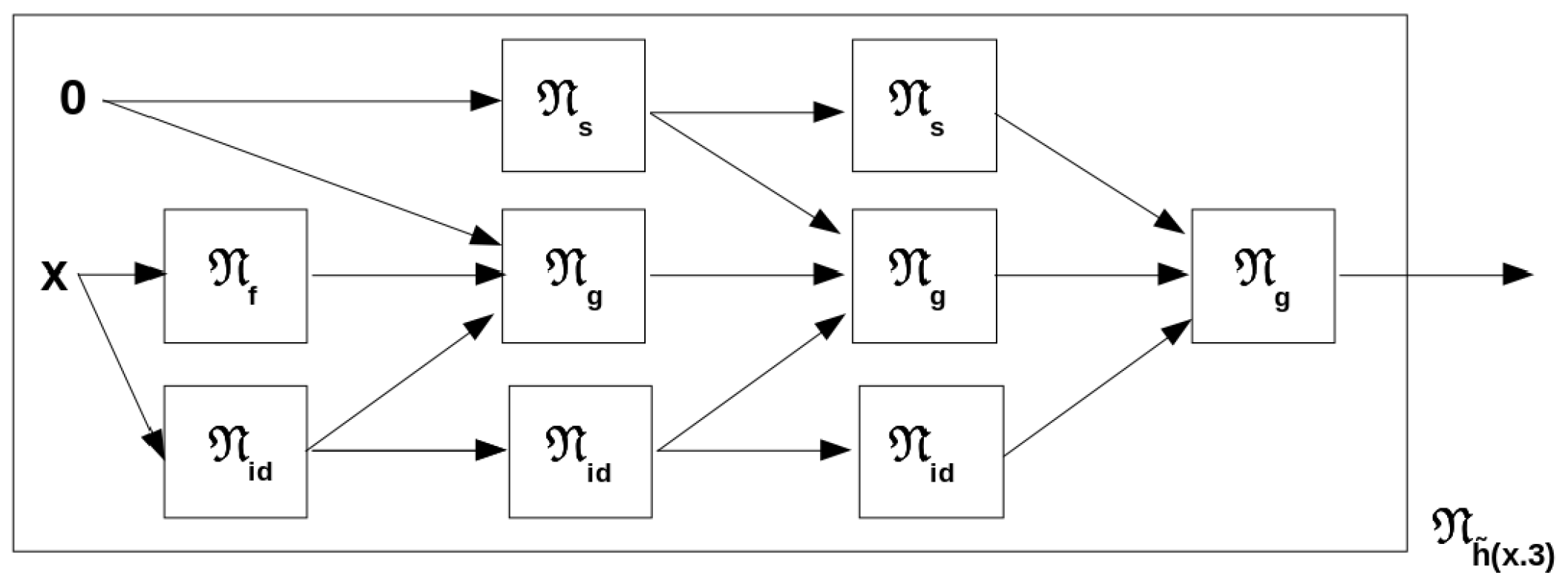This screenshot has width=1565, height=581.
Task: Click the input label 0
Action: tap(73, 99)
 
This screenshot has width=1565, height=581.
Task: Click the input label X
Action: tap(54, 277)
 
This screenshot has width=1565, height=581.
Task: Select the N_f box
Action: tap(235, 276)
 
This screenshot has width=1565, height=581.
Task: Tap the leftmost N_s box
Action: tap(573, 105)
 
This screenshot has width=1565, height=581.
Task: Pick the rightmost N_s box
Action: tap(924, 105)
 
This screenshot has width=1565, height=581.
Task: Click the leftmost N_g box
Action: tap(573, 276)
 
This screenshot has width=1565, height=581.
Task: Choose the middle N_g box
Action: tap(924, 276)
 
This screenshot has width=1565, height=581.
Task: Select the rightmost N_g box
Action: tap(1263, 276)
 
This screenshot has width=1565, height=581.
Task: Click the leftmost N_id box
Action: tap(235, 451)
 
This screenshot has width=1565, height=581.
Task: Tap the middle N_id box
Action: tap(580, 451)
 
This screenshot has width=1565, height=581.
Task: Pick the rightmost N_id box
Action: tap(931, 451)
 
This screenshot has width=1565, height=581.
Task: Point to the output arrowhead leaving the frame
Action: tap(1517, 275)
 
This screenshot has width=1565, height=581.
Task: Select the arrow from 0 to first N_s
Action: tap(297, 101)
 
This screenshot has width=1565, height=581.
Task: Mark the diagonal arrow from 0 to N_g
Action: tap(297, 170)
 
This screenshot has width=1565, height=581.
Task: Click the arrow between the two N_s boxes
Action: tap(746, 113)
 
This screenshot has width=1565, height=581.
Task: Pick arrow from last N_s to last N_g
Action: tap(1087, 172)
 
